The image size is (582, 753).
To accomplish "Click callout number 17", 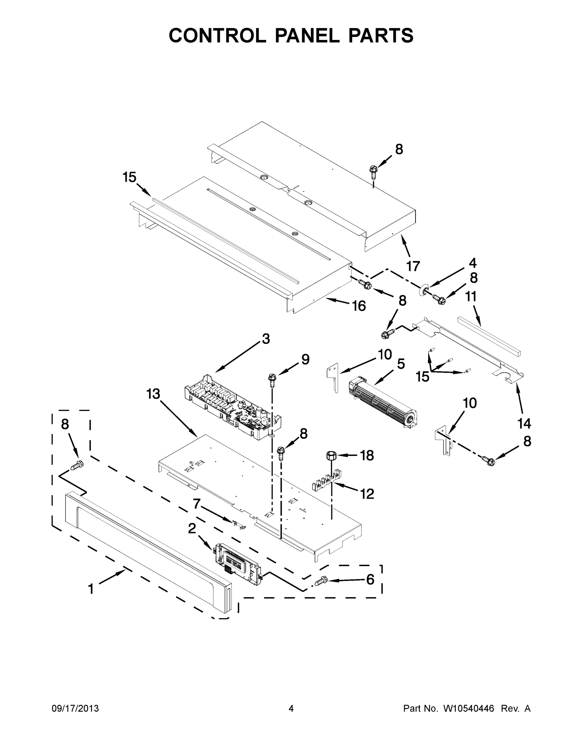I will (x=413, y=266).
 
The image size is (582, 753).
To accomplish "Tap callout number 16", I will (x=359, y=306).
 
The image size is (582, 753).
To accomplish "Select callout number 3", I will (x=265, y=339).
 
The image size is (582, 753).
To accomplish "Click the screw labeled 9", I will (x=272, y=379).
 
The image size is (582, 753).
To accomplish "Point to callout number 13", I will (x=153, y=394).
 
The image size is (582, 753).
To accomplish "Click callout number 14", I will (x=524, y=423).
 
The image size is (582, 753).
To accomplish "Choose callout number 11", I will (x=471, y=296).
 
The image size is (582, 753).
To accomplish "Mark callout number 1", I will (x=91, y=589).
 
